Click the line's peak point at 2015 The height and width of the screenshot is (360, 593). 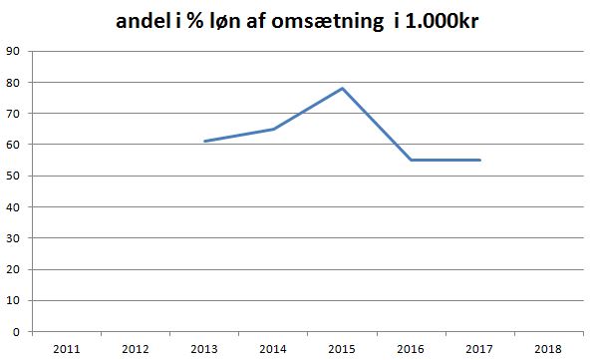coord(343,88)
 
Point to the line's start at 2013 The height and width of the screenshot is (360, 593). coord(204,142)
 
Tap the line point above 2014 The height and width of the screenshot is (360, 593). coord(273,129)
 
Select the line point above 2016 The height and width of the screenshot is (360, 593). coord(412,160)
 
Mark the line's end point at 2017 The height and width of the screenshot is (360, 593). coord(480,160)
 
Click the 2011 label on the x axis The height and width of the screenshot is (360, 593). coord(66,349)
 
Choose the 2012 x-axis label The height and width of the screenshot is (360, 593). coord(136,349)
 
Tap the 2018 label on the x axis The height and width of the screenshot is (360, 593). coord(549,349)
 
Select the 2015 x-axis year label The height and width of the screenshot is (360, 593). coord(343,349)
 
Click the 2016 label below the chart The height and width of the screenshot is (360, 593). coord(412,349)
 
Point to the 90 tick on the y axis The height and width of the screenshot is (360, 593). coord(13,51)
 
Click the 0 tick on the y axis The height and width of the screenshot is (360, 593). coord(16,332)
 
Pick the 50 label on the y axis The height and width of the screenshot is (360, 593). coord(13,176)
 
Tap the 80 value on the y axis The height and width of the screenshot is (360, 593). coord(13,82)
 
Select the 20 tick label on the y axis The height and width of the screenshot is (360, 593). coord(13,269)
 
